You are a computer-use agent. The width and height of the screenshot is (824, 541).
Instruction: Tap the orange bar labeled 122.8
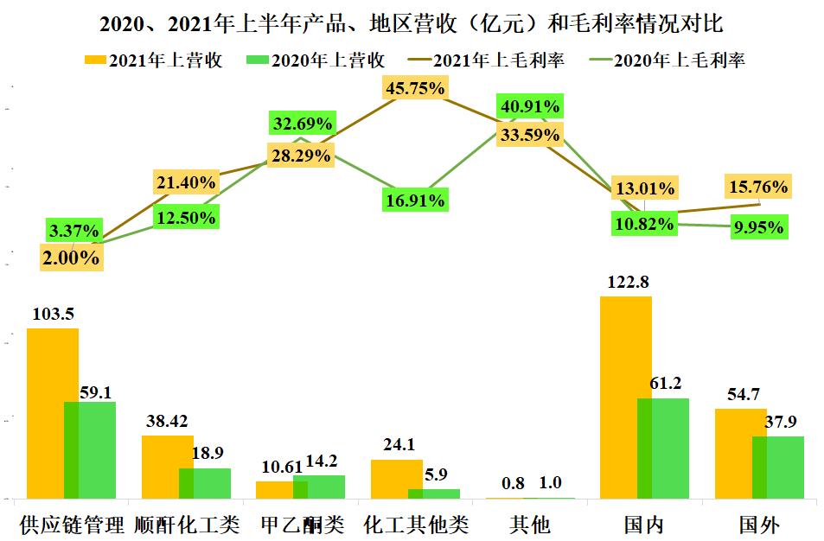coord(625,397)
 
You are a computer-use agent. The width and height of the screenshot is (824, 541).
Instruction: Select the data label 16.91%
coord(416,201)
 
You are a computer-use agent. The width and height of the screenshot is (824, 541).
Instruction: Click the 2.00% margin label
coord(72,257)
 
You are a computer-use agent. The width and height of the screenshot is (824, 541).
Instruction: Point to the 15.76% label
coord(758,187)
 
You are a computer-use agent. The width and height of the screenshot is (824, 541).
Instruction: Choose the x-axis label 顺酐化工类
coord(188,525)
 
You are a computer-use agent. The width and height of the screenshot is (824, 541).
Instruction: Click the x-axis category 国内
coord(643,525)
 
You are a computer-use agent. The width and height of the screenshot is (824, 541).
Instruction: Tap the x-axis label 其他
coord(529,525)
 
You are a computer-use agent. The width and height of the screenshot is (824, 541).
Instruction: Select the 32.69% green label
coord(302,124)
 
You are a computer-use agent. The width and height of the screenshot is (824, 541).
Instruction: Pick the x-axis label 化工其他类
coord(416,525)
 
